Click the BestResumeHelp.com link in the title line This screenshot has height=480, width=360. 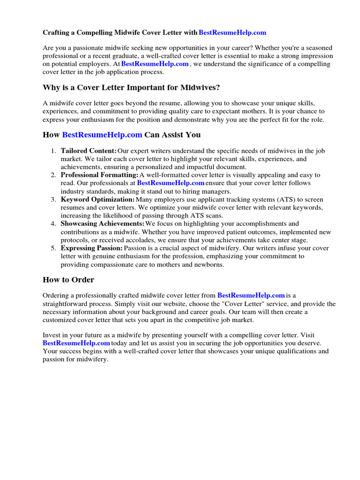pyautogui.click(x=232, y=33)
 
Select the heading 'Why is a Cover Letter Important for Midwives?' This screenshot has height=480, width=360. pyautogui.click(x=131, y=88)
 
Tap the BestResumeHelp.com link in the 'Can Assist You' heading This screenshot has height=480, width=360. pyautogui.click(x=102, y=135)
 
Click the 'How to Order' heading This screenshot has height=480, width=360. pyautogui.click(x=68, y=280)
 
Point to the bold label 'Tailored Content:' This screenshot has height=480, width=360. pyautogui.click(x=89, y=151)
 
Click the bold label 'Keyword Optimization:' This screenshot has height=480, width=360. pyautogui.click(x=97, y=199)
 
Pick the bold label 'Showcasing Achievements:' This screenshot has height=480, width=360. pyautogui.click(x=103, y=224)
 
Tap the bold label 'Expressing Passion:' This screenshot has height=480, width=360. pyautogui.click(x=92, y=248)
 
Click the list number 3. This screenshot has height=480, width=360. pyautogui.click(x=53, y=199)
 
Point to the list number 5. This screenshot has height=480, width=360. pyautogui.click(x=53, y=248)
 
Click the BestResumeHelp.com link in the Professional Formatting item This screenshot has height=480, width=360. pyautogui.click(x=171, y=183)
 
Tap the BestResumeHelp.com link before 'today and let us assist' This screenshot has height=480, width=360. pyautogui.click(x=76, y=343)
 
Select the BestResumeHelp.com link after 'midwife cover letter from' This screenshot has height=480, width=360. pyautogui.click(x=251, y=295)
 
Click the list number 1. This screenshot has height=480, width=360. pyautogui.click(x=53, y=151)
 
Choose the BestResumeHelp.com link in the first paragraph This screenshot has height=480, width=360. pyautogui.click(x=155, y=64)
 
